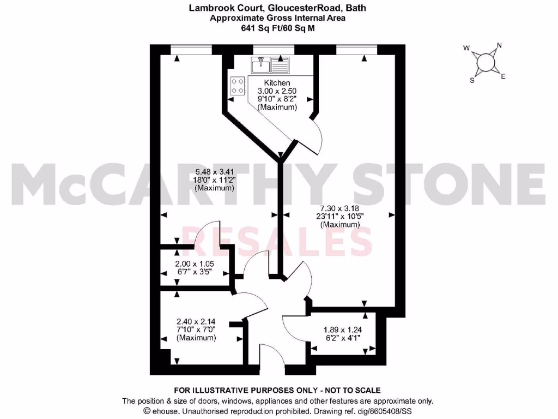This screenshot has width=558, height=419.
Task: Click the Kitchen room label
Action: pyautogui.click(x=277, y=82)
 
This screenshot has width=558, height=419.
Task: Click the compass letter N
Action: pyautogui.click(x=499, y=46)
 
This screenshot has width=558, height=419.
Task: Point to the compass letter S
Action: pyautogui.click(x=472, y=80)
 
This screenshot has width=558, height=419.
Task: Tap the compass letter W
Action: pyautogui.click(x=466, y=48)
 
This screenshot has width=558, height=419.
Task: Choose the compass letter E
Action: pyautogui.click(x=504, y=77)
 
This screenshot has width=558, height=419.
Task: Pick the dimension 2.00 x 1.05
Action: pyautogui.click(x=195, y=264)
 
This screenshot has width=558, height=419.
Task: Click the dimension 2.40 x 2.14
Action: pyautogui.click(x=196, y=321)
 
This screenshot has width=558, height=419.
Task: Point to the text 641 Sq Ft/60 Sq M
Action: pyautogui.click(x=278, y=28)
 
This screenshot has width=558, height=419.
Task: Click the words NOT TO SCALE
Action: pyautogui.click(x=351, y=390)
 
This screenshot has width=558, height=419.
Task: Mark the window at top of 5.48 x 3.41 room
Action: pyautogui.click(x=191, y=49)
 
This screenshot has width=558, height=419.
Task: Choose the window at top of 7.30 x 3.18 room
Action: pyautogui.click(x=356, y=49)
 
